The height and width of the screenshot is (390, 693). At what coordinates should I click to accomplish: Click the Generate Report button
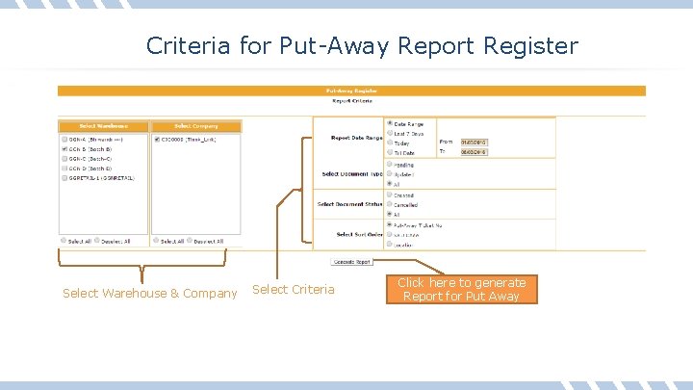click(x=352, y=262)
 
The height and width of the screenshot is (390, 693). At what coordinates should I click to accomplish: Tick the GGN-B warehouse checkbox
click(x=64, y=150)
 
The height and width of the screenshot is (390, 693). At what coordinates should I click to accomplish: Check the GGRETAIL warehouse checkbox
click(x=64, y=179)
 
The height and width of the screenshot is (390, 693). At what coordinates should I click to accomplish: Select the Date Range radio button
click(x=389, y=124)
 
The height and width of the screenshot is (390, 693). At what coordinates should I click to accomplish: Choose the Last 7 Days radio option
click(x=389, y=134)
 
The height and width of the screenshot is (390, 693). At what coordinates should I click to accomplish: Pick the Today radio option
click(x=389, y=143)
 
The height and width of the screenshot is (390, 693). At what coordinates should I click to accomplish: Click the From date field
click(x=474, y=143)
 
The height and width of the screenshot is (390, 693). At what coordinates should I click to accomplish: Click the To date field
click(x=474, y=152)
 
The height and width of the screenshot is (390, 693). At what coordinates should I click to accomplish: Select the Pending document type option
click(x=389, y=165)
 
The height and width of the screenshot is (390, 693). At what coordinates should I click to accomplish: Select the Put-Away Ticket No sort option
click(x=389, y=224)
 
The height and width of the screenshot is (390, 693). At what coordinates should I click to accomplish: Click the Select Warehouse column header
click(x=103, y=126)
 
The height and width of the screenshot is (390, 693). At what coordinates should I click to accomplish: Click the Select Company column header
click(x=196, y=126)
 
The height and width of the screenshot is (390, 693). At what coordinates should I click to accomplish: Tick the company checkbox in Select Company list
click(x=157, y=140)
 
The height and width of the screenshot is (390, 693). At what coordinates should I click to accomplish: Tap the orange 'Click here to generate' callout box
click(x=462, y=289)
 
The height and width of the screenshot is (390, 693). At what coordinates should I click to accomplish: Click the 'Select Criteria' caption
click(x=293, y=290)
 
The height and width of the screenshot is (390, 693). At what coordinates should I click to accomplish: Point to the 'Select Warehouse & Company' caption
click(x=149, y=293)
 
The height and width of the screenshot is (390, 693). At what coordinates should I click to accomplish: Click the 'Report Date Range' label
click(x=356, y=138)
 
